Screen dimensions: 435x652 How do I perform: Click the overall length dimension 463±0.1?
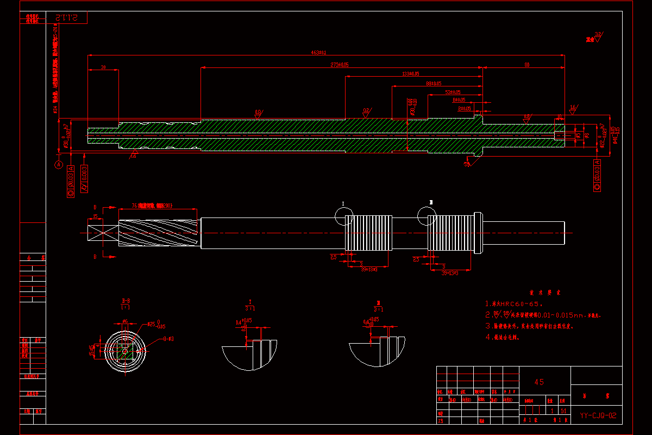pyautogui.click(x=318, y=53)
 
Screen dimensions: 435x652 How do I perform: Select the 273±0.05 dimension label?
pyautogui.click(x=340, y=65)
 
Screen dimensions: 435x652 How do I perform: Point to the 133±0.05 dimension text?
pyautogui.click(x=410, y=73)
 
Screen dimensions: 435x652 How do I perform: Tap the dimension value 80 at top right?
pyautogui.click(x=526, y=65)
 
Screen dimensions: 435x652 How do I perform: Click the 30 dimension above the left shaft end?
pyautogui.click(x=103, y=67)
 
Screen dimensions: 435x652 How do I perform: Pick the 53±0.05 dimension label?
pyautogui.click(x=452, y=92)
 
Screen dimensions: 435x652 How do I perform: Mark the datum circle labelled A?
pyautogui.click(x=59, y=164)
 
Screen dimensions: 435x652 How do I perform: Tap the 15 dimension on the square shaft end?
pyautogui.click(x=96, y=216)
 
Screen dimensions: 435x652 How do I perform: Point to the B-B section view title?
pyautogui.click(x=126, y=301)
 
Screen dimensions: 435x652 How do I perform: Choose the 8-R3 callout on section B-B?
pyautogui.click(x=168, y=339)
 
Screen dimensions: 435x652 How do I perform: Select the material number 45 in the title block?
pyautogui.click(x=539, y=382)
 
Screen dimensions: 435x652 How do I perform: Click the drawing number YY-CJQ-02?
pyautogui.click(x=598, y=416)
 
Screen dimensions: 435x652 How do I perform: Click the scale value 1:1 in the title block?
pyautogui.click(x=563, y=411)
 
